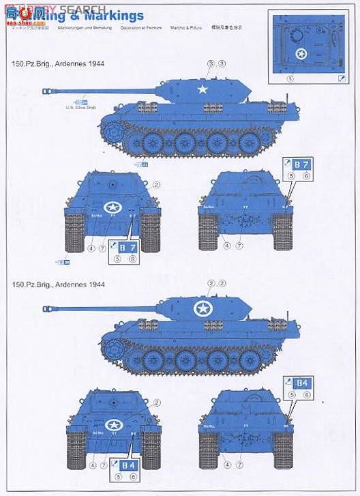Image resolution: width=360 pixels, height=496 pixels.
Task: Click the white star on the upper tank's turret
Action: coord(201,88)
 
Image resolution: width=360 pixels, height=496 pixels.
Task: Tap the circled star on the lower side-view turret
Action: coord(202,309)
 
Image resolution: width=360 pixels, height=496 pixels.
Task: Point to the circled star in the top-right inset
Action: coord(301,55)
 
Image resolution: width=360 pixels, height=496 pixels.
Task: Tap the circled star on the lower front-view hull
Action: coord(113,425)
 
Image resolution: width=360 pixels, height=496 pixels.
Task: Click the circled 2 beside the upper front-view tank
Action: coord(156,184)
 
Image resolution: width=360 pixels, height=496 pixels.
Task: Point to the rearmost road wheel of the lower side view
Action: coord(250,361)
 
